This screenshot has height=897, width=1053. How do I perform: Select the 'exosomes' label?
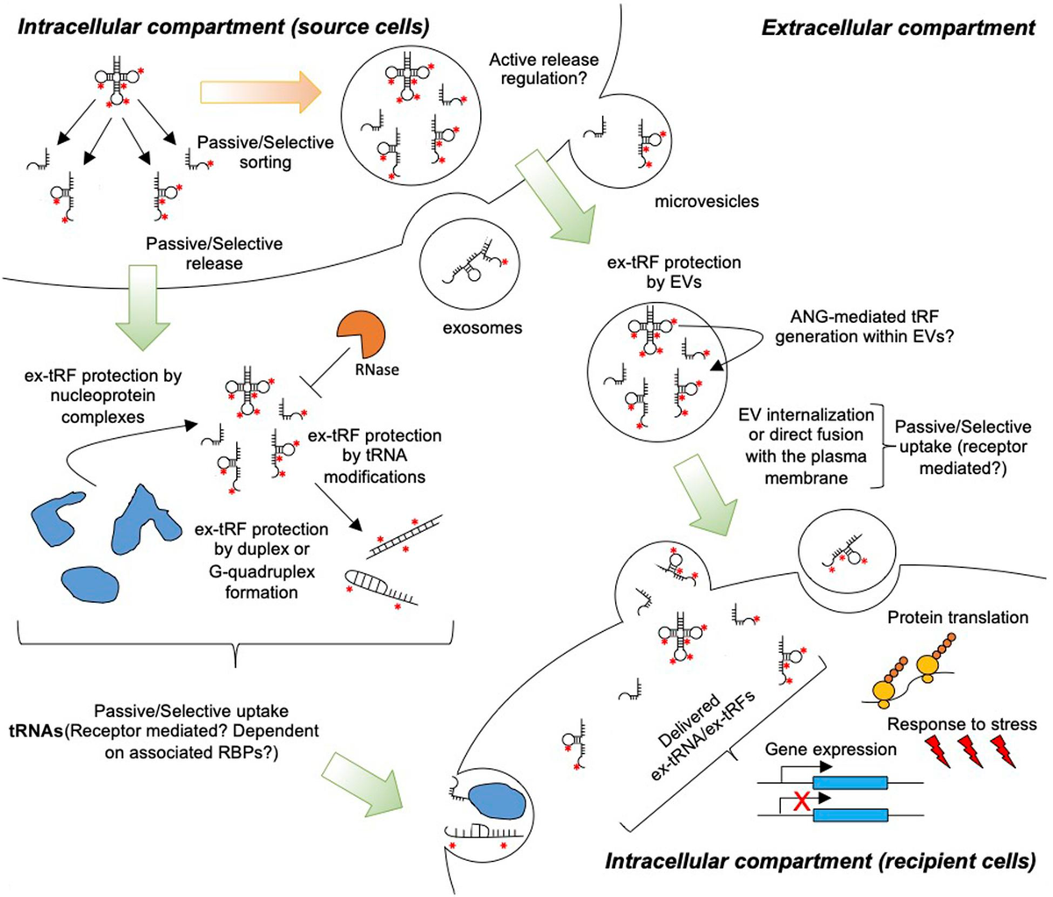tap(482, 328)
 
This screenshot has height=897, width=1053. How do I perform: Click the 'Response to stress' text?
tap(962, 725)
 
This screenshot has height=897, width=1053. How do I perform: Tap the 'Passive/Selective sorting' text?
tap(265, 152)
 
